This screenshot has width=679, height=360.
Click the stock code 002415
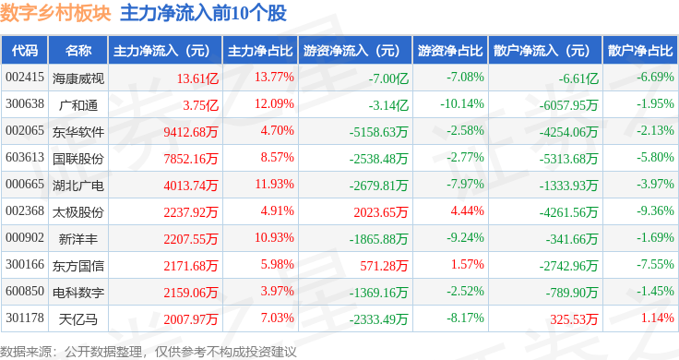(24, 77)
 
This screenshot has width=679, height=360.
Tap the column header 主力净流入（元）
(161, 50)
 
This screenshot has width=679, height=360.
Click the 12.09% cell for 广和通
(274, 103)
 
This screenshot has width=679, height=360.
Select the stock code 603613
(24, 158)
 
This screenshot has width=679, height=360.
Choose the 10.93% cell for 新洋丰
(274, 238)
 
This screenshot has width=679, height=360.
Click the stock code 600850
(24, 293)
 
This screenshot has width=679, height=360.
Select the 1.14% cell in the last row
(657, 319)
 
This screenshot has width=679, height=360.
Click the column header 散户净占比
(640, 50)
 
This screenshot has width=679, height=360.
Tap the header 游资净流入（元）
(351, 50)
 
